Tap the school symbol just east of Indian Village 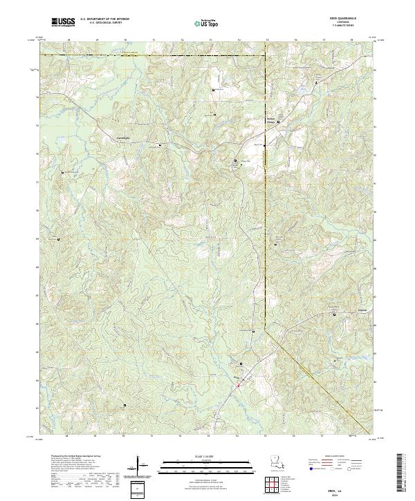(280, 124)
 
